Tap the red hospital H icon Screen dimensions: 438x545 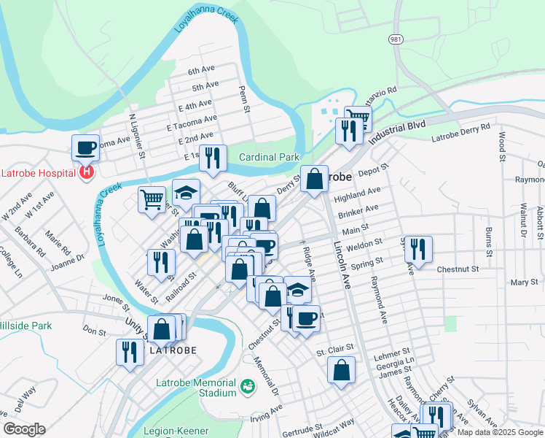87,172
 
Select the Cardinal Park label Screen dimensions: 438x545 270,157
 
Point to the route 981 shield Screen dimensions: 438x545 395,39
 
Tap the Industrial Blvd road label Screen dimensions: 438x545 396,132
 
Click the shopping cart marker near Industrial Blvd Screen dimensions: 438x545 358,117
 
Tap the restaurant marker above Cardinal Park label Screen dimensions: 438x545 213,158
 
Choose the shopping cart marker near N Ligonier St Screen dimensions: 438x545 152,199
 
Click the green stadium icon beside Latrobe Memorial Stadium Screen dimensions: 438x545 247,385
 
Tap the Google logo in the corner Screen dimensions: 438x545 24,429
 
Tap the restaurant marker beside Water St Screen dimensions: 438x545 160,262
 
